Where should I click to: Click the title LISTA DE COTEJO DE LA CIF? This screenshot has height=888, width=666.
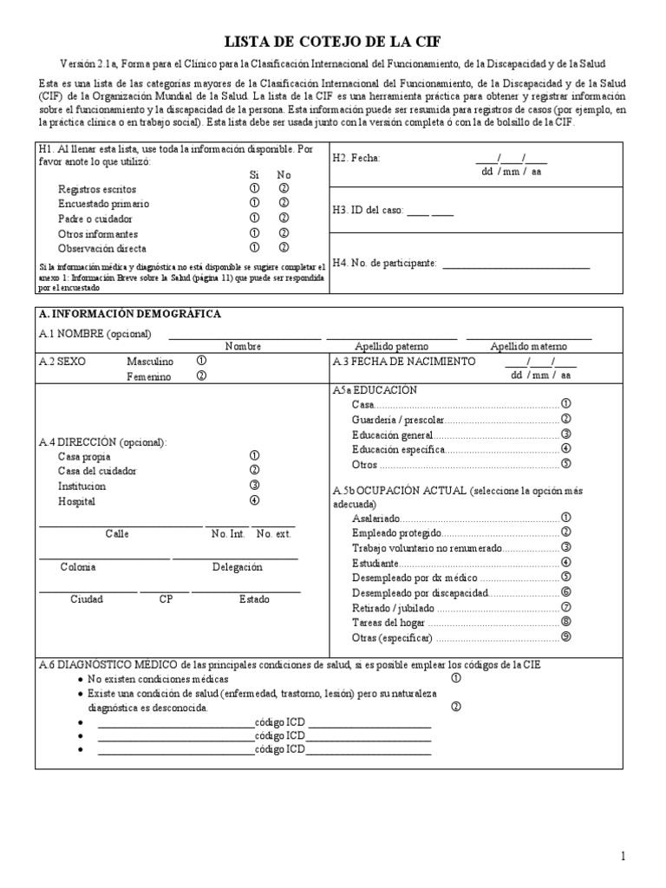tap(337, 42)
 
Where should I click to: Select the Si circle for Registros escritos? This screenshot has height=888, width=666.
tap(254, 189)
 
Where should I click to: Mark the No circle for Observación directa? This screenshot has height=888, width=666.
tap(284, 249)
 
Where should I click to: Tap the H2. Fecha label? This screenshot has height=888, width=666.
tap(356, 158)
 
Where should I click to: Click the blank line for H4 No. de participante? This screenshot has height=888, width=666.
tap(516, 263)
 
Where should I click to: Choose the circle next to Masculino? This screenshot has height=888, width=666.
tap(201, 361)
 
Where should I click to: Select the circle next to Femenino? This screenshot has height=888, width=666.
tap(201, 376)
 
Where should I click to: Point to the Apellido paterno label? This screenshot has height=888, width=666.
tap(392, 346)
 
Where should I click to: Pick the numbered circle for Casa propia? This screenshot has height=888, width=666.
tap(254, 455)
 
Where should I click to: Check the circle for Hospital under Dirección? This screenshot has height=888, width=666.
tap(254, 500)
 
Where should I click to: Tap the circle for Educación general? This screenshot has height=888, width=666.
tap(565, 434)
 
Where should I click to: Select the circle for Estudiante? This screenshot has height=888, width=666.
tap(565, 562)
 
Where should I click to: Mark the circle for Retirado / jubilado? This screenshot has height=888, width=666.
tap(565, 607)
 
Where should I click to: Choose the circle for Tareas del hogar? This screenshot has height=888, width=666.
tap(565, 622)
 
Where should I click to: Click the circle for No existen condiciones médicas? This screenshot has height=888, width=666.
tap(456, 679)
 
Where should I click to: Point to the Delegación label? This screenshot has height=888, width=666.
tap(237, 567)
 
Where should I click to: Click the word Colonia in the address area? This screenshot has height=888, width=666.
tap(78, 567)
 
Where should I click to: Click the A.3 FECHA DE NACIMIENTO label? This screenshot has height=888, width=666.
tap(404, 361)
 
